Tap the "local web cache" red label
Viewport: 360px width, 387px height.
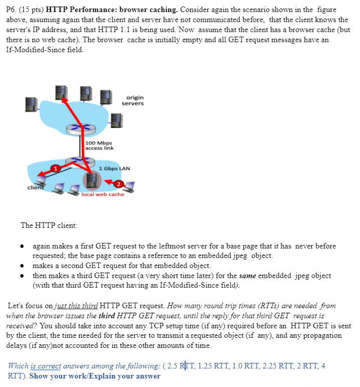pos(103,194)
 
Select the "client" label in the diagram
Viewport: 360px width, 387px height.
pos(35,187)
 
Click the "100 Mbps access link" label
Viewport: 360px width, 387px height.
pos(99,146)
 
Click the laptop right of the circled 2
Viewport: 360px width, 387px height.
pos(130,187)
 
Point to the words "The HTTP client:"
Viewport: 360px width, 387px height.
pos(49,225)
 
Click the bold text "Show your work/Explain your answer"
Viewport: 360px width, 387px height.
pos(95,376)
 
